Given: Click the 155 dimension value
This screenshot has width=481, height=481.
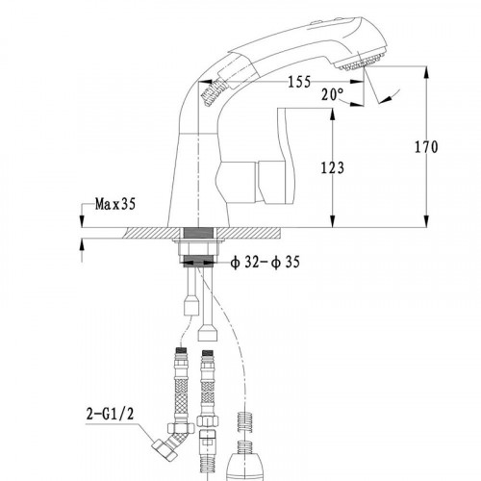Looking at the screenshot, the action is point(299,82).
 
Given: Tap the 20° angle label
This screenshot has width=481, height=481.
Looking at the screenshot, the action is point(333,94).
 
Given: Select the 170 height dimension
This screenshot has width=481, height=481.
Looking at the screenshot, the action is point(426,147).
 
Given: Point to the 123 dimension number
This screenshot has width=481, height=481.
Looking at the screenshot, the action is point(333,167).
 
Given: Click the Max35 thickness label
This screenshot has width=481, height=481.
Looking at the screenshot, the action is point(115,204).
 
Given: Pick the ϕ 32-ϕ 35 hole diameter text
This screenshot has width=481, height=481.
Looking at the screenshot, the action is point(265,263).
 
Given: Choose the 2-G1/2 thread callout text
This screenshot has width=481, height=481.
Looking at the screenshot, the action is point(110,414).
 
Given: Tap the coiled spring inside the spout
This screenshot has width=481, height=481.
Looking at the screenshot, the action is point(214,91).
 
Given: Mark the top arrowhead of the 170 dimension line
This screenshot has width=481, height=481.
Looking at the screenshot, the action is point(426,72).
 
